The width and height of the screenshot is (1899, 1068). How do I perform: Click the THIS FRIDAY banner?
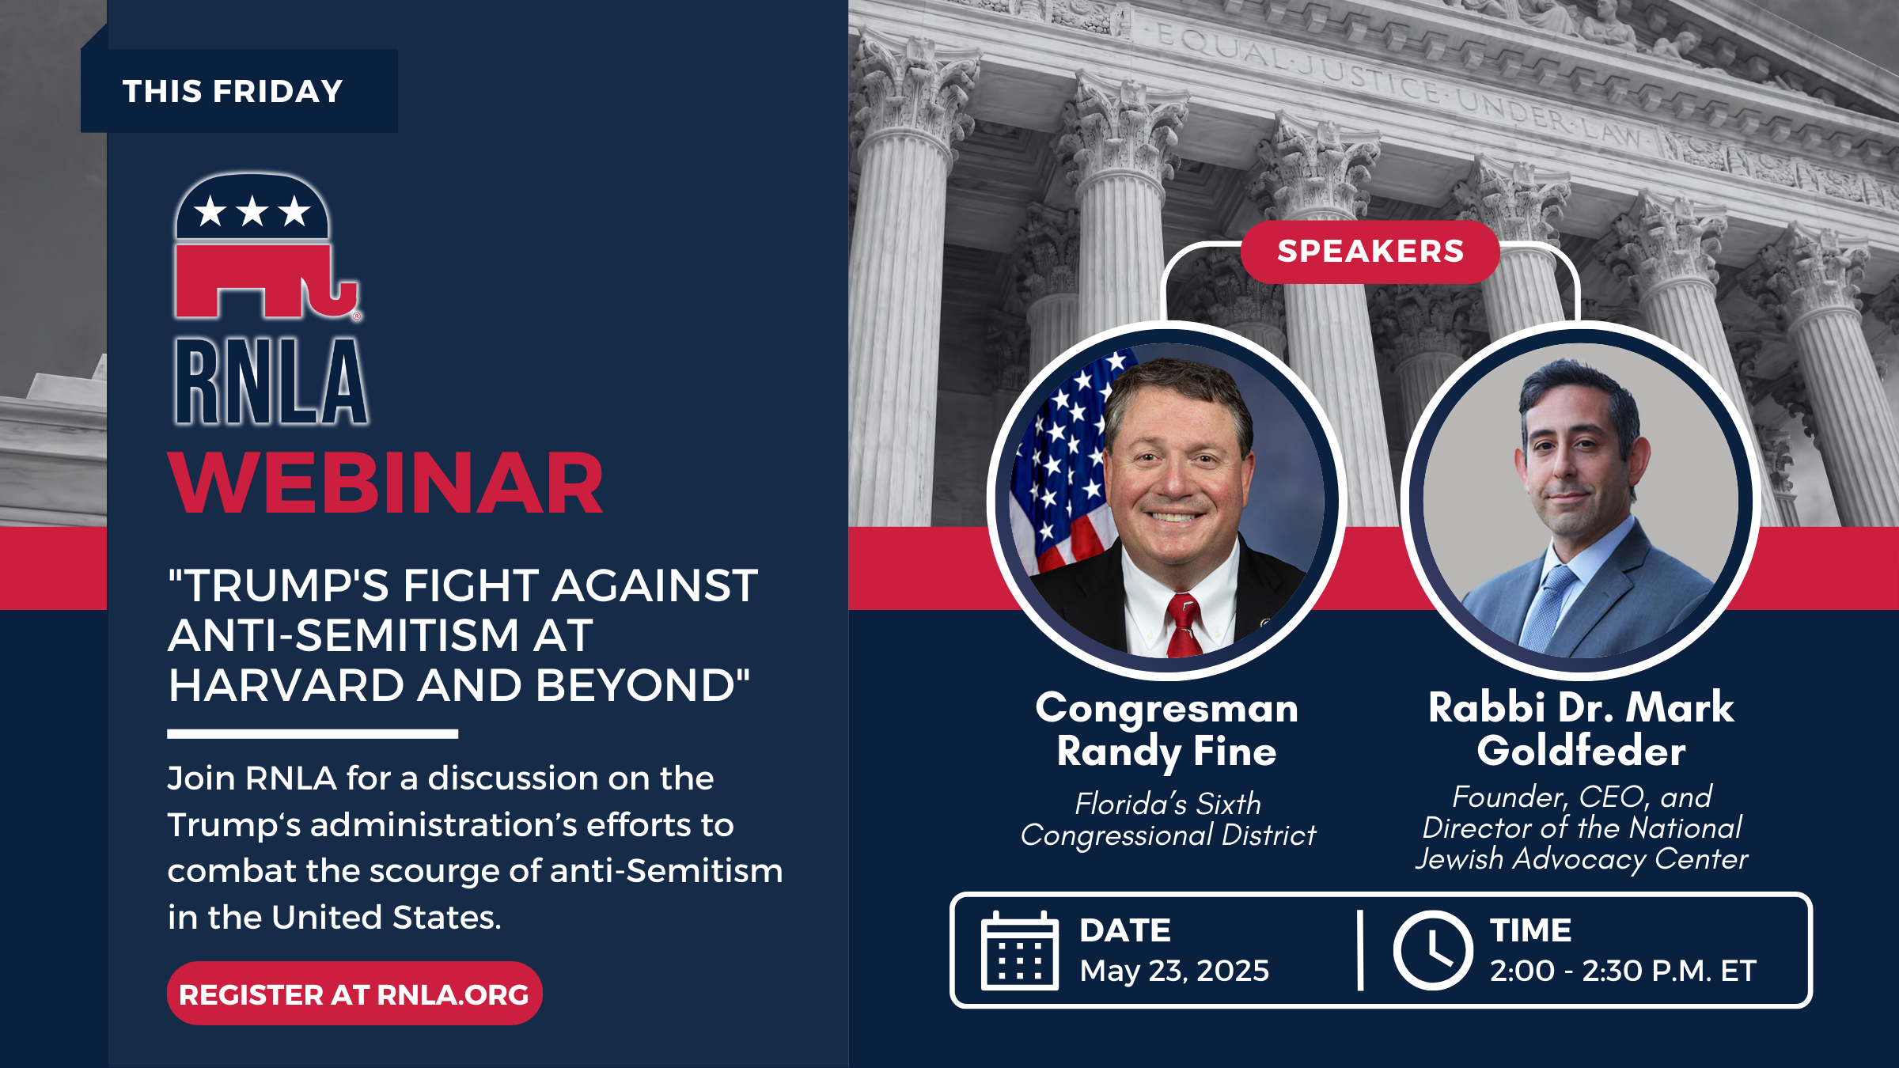(x=239, y=90)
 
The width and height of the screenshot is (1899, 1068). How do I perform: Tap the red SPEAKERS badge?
(x=1370, y=252)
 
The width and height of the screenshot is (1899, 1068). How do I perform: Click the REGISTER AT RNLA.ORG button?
(x=354, y=994)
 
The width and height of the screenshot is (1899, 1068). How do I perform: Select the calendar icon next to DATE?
(x=1019, y=950)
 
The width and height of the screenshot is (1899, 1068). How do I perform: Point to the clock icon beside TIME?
(x=1433, y=950)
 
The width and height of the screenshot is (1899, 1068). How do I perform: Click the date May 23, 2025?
(x=1174, y=971)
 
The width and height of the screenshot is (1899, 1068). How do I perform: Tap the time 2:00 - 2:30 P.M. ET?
(x=1623, y=971)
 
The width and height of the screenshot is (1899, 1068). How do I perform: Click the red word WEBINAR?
(x=386, y=483)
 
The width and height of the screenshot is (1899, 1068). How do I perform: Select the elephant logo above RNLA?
(x=267, y=246)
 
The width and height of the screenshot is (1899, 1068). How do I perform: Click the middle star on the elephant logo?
(x=252, y=211)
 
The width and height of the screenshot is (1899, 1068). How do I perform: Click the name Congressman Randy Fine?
(x=1167, y=729)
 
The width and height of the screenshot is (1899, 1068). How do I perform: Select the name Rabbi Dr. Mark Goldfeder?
(x=1581, y=729)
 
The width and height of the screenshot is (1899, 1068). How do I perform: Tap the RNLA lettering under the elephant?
(x=271, y=381)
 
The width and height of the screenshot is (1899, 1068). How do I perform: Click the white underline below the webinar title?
(x=313, y=734)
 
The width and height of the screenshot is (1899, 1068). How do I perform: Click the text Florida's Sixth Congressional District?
(x=1168, y=819)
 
